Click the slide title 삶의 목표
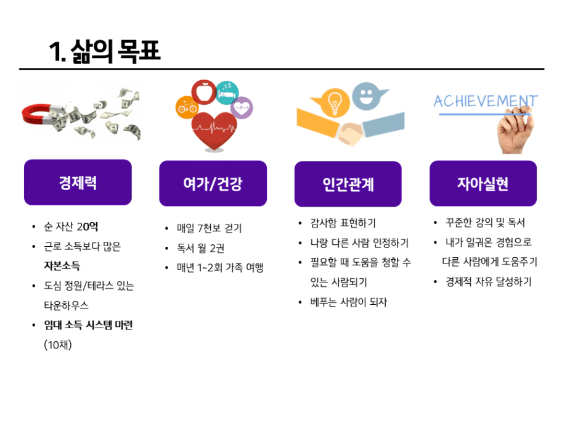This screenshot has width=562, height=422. click(105, 51)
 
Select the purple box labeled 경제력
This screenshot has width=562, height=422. click(78, 183)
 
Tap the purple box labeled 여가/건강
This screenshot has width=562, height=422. click(213, 183)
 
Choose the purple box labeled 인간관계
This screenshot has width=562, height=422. click(348, 184)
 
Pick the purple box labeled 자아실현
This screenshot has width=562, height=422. click(483, 183)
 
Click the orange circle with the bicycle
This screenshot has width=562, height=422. click(187, 107)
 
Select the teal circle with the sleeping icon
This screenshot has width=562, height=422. click(227, 91)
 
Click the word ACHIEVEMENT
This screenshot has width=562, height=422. click(485, 101)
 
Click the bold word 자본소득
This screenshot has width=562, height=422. click(62, 266)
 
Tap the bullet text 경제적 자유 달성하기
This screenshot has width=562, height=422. click(488, 282)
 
